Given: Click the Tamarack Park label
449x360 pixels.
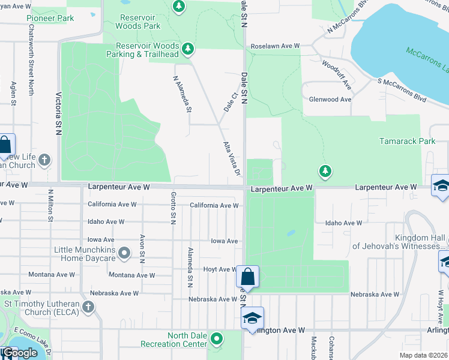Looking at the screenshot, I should point(407,141).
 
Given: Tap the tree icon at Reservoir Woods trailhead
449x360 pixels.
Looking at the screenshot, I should point(188,47).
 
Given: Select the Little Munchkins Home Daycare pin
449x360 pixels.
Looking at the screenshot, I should point(124,253).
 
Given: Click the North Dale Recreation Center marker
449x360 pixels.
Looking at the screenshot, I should point(217,340).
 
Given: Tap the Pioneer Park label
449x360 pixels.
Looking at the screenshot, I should point(50,18).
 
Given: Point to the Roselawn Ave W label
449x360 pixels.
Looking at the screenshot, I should point(275,46).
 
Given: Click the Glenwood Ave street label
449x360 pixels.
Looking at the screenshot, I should point(329,100).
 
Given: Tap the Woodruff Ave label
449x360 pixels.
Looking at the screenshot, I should point(336,73).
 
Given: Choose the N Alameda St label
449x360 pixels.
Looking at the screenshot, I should point(182,94).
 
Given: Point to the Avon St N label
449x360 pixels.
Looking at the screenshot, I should point(143,248).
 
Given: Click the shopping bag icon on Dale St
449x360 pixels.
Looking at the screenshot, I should point(247,277).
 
